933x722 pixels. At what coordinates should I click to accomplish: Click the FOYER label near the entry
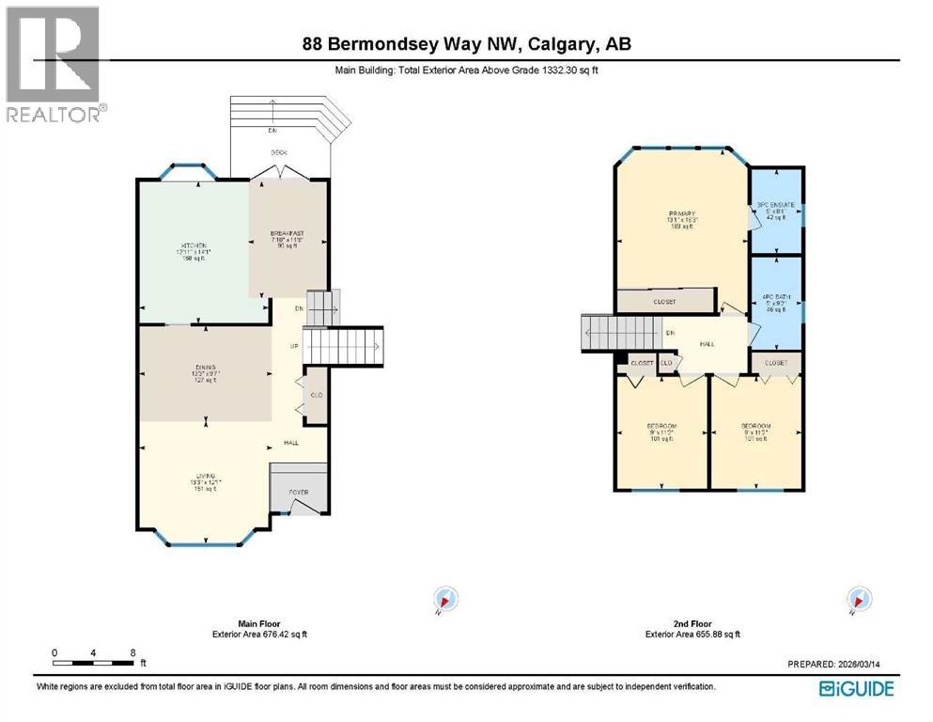point(298,492)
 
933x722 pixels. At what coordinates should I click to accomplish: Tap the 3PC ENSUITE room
point(776,211)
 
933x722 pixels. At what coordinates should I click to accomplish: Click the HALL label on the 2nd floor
point(707,344)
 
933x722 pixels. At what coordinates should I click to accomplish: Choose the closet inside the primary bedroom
point(664,302)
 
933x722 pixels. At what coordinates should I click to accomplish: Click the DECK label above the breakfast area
point(279,152)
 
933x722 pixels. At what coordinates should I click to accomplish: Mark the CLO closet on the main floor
point(317,394)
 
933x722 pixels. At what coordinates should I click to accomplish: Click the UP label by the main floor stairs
point(294,346)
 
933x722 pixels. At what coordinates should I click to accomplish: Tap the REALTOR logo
point(54,64)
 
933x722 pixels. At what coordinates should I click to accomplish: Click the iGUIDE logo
point(856,688)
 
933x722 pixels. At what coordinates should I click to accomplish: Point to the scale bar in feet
point(94,663)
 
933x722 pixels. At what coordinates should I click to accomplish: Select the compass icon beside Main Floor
point(444,599)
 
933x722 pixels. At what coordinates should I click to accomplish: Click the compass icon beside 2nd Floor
point(857,599)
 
